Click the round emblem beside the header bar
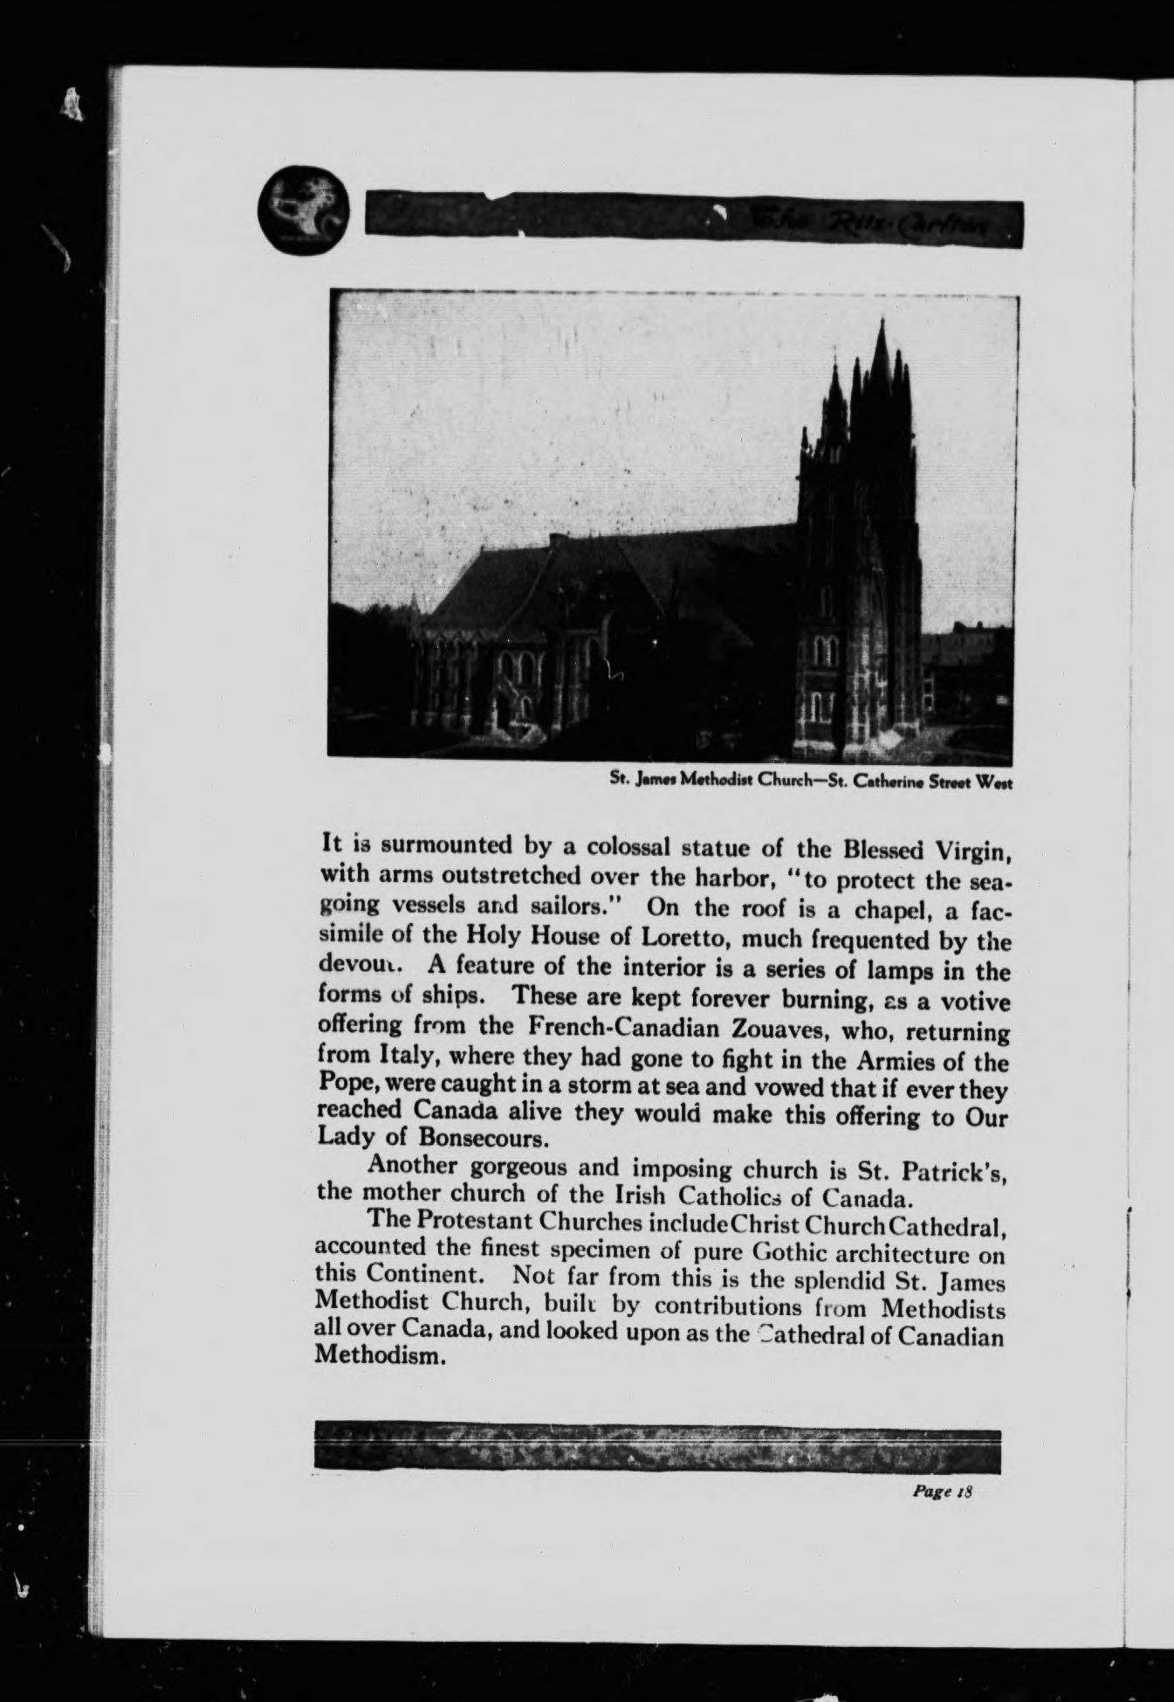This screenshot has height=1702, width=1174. (x=304, y=212)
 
